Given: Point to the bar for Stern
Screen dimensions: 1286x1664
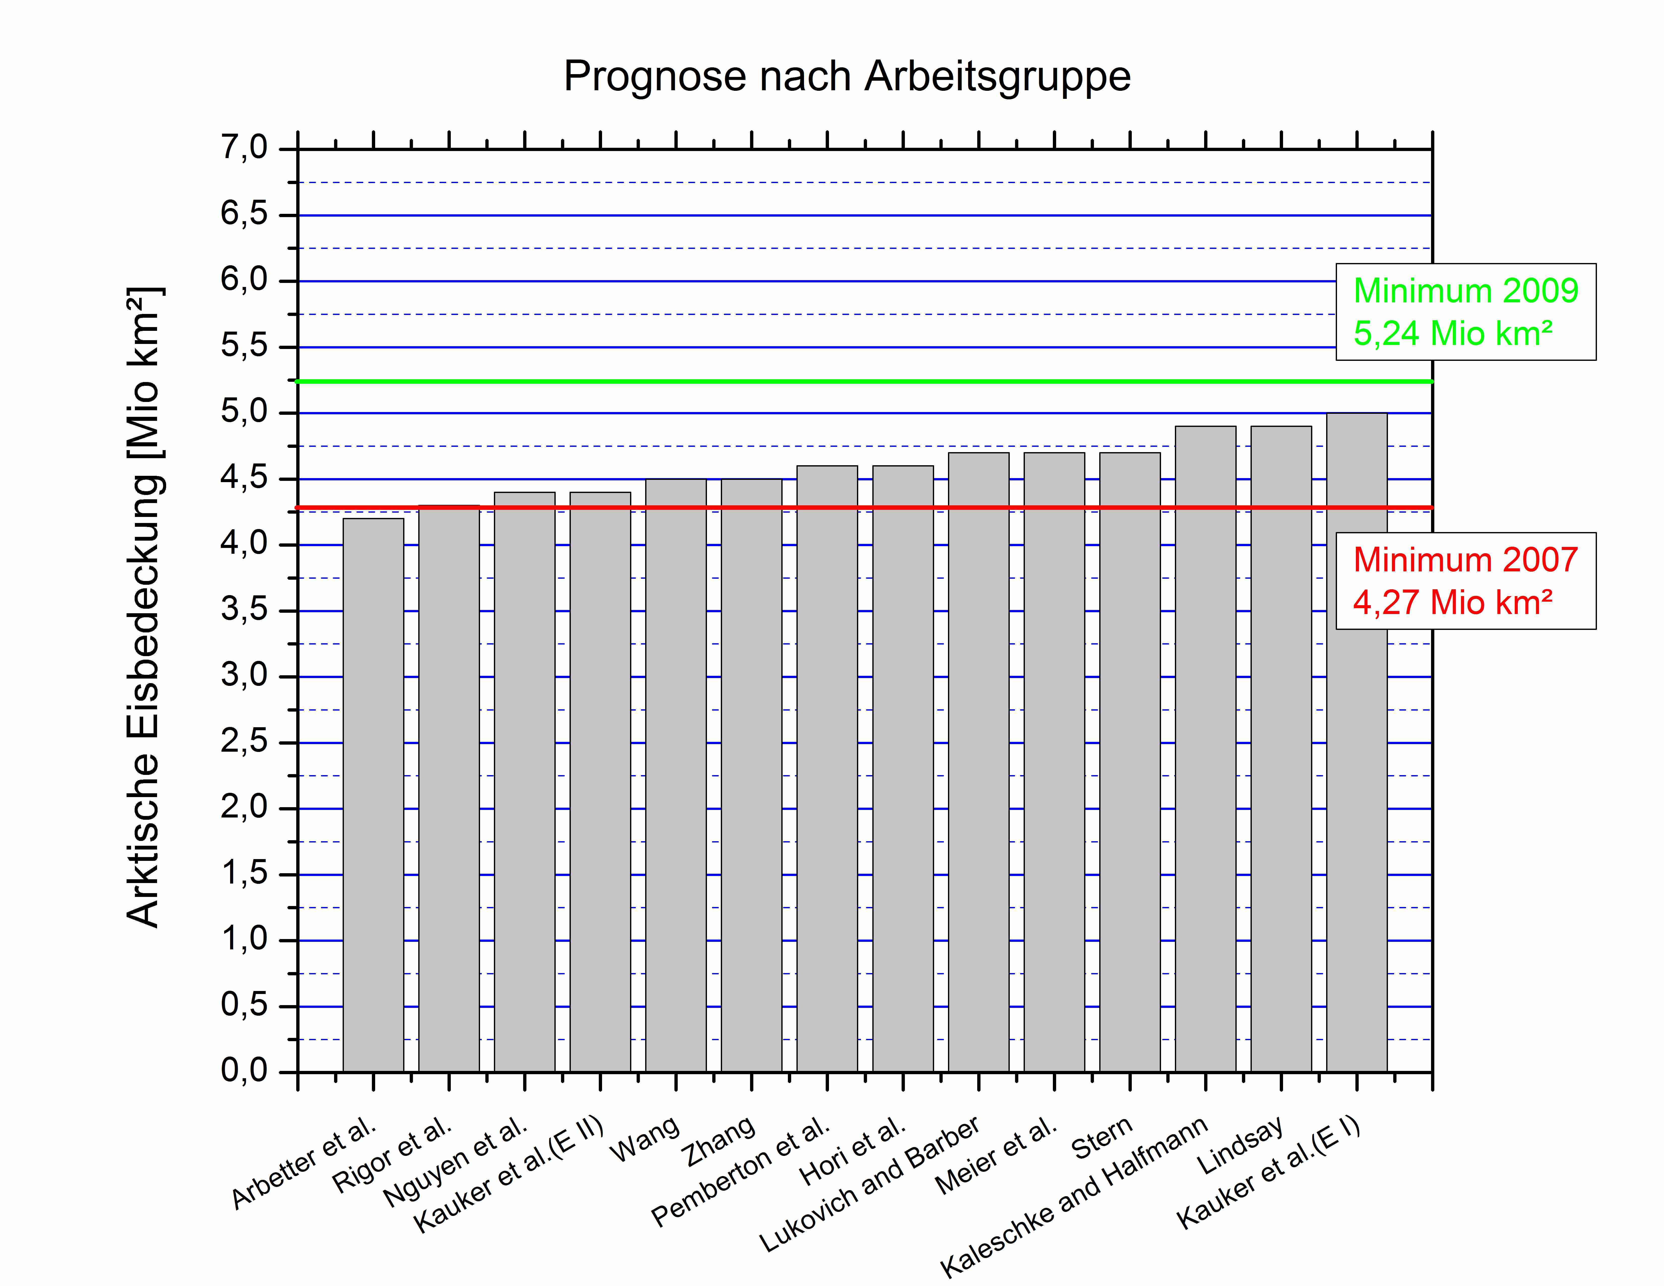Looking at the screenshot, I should click(1130, 762).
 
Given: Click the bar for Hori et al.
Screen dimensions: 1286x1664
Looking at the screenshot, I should click(903, 770).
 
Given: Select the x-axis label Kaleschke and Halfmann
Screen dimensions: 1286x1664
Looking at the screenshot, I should click(1074, 1196).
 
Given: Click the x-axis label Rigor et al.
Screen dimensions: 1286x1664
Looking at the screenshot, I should click(392, 1155).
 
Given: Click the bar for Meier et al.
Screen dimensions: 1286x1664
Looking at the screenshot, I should click(1054, 762).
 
